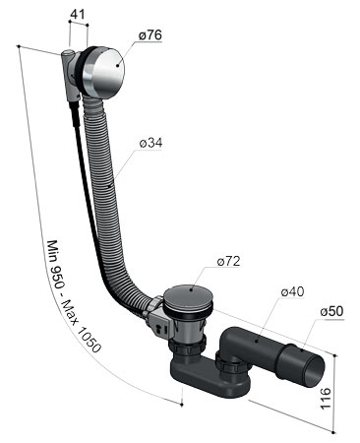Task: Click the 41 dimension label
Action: pyautogui.click(x=78, y=14)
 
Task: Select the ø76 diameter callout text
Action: pyautogui.click(x=150, y=35)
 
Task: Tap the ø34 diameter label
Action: pyautogui.click(x=150, y=143)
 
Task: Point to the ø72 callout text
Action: pyautogui.click(x=228, y=261)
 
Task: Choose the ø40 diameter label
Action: pyautogui.click(x=292, y=291)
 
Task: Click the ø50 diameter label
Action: pyautogui.click(x=331, y=311)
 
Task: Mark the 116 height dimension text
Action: pyautogui.click(x=326, y=399)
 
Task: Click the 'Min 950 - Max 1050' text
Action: pyautogui.click(x=73, y=296)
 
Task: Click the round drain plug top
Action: pyautogui.click(x=188, y=295)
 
